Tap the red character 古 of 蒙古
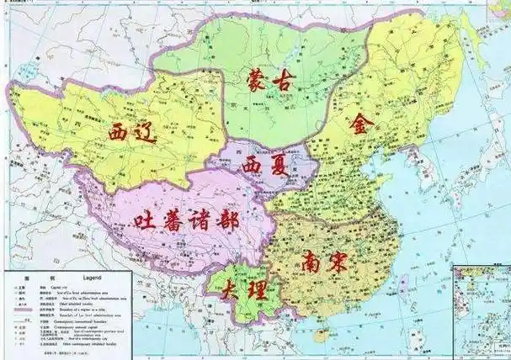(x=286, y=83)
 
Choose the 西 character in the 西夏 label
(x=253, y=164)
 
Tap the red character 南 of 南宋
(x=308, y=262)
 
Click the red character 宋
(x=338, y=262)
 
